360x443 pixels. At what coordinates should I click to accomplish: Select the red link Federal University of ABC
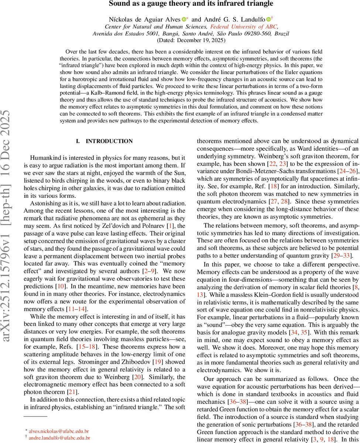pyautogui.click(x=244, y=26)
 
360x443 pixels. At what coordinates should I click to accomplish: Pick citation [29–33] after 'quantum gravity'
pyautogui.click(x=347, y=256)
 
